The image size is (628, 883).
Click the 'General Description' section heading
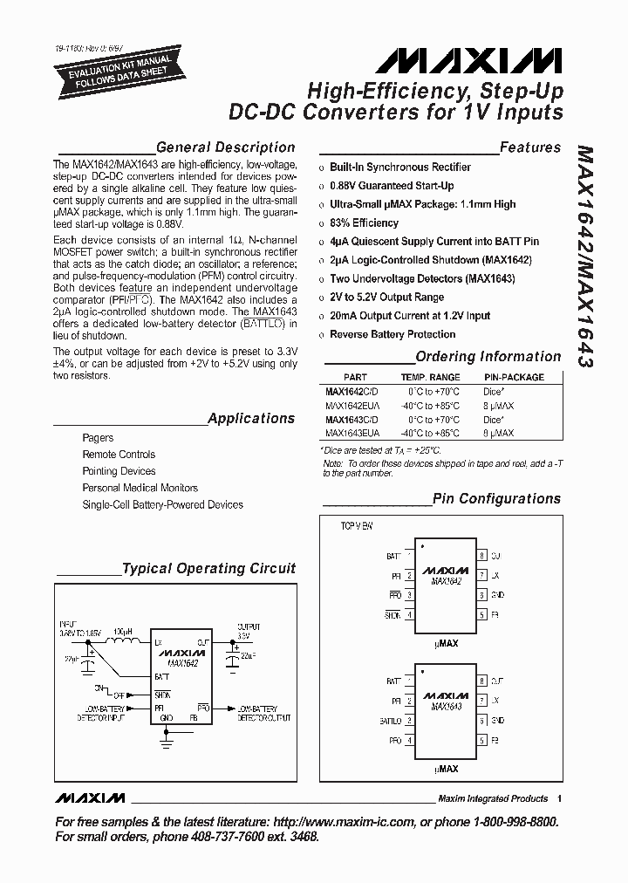(x=225, y=147)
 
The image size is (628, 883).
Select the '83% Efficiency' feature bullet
(x=364, y=222)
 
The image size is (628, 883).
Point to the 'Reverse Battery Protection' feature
(x=392, y=334)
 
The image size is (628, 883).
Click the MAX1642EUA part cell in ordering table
(x=352, y=406)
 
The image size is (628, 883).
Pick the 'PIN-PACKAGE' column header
(x=514, y=378)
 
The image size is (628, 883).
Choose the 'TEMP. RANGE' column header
(x=430, y=378)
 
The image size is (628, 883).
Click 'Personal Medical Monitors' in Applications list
(x=140, y=488)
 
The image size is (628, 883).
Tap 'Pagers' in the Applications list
(x=98, y=438)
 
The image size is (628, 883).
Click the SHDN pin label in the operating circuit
(x=162, y=694)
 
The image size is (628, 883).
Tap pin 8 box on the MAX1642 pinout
(x=481, y=556)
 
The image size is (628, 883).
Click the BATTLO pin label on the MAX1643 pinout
(x=389, y=721)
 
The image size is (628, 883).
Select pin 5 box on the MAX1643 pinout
(x=481, y=740)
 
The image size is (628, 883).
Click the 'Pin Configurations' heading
(x=497, y=499)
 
